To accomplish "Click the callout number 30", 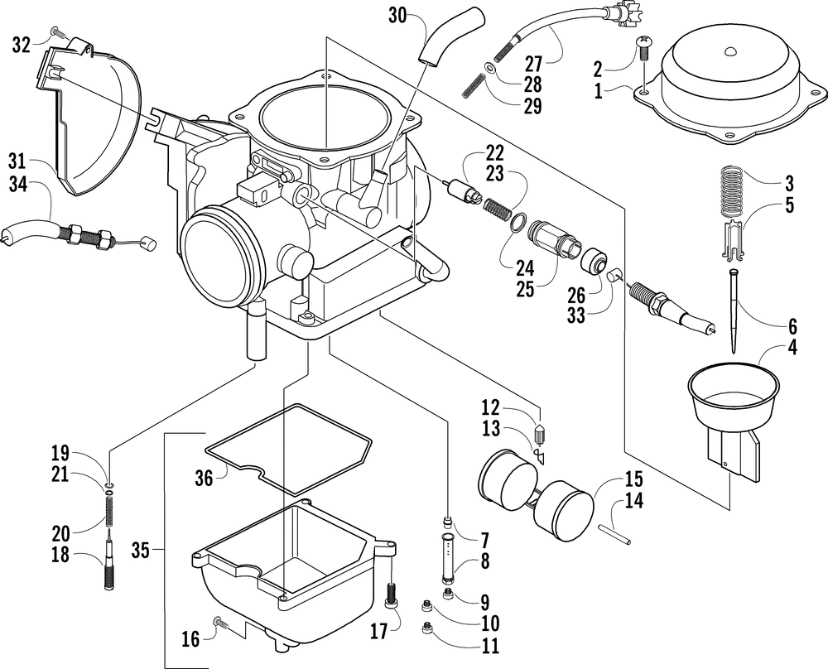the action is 397,15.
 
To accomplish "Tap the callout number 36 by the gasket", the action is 204,478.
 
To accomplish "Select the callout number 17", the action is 378,631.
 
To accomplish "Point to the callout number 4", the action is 792,348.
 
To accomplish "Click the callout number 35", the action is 141,551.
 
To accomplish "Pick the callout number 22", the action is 495,153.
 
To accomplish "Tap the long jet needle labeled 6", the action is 733,310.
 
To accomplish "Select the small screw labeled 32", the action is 58,33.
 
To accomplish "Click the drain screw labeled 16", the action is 221,623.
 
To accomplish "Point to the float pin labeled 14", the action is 614,533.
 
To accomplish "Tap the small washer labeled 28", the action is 489,68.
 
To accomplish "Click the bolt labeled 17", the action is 392,595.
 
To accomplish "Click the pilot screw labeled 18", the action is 109,560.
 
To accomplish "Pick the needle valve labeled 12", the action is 539,434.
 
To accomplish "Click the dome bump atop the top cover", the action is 730,51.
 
